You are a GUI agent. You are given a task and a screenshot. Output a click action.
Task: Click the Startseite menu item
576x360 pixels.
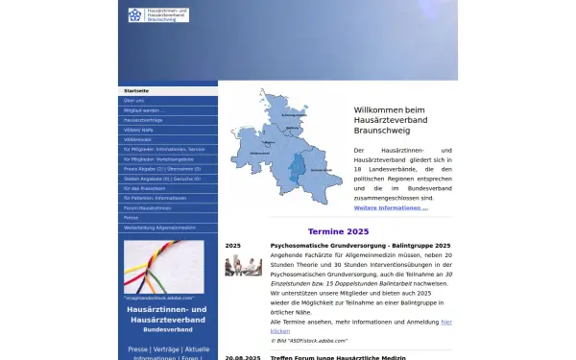click(x=137, y=90)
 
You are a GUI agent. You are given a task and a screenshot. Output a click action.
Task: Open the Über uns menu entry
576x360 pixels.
click(x=134, y=100)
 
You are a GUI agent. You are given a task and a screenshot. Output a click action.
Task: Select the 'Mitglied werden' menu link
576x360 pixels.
click(x=144, y=109)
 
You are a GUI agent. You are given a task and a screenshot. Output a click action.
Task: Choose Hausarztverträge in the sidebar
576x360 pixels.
click(x=144, y=119)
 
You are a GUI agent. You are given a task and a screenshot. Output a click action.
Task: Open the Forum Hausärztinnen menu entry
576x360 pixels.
click(x=148, y=207)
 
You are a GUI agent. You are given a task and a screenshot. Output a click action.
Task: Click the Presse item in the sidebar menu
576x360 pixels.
click(x=132, y=218)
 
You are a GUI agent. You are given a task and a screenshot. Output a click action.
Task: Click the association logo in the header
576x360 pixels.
click(x=158, y=15)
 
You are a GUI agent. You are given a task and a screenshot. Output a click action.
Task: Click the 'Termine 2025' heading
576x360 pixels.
click(x=338, y=231)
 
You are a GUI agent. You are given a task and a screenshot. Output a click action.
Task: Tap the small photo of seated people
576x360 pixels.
click(x=243, y=265)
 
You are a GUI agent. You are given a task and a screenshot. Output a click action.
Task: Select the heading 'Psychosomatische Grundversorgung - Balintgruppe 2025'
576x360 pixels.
click(x=360, y=246)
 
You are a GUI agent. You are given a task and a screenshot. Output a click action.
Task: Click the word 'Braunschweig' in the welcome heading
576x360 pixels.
click(x=383, y=129)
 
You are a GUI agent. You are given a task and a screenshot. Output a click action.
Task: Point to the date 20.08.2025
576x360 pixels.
click(x=242, y=357)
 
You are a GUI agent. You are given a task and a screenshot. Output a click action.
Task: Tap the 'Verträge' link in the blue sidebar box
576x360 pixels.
click(x=166, y=349)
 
